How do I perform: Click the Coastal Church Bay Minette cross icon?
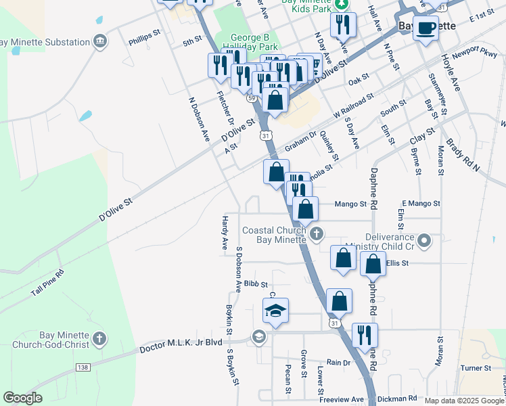[316, 235]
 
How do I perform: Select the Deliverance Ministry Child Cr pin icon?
[424, 240]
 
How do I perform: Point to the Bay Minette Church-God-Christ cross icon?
[99, 338]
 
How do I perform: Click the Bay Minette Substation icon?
[101, 42]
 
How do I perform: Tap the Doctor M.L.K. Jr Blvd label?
[181, 344]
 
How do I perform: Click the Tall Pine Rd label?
[47, 283]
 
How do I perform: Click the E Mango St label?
[421, 203]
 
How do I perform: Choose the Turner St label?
[476, 368]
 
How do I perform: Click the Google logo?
[23, 398]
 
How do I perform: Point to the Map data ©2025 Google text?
[464, 401]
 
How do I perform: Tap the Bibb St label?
[256, 284]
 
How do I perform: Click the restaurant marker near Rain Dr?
[365, 335]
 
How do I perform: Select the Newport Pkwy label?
[476, 51]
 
